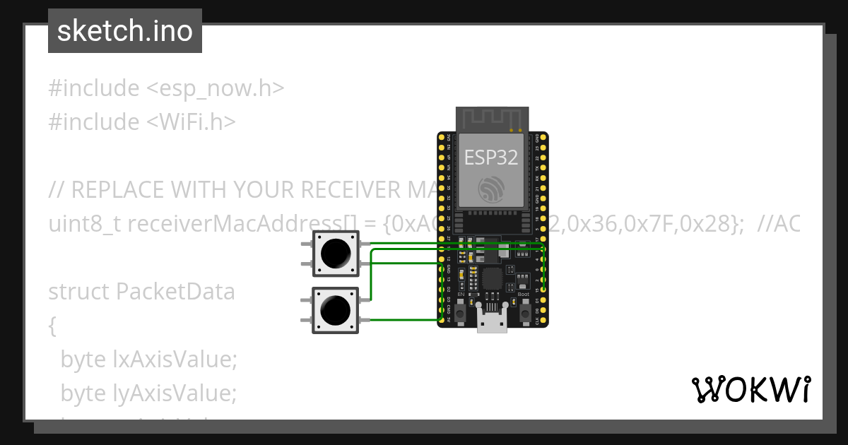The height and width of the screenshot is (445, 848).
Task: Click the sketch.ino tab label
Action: point(125,31)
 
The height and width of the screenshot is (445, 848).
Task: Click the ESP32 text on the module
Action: point(491,157)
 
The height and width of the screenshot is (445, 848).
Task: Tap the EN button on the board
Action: point(460,311)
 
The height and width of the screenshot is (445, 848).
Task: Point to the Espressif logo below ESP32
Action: point(491,189)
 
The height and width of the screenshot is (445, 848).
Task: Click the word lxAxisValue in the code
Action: point(175,360)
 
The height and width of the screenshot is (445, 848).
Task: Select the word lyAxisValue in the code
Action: point(175,393)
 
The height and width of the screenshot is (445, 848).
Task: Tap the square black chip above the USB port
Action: point(492,278)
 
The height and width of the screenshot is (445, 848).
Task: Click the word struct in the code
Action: point(78,291)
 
